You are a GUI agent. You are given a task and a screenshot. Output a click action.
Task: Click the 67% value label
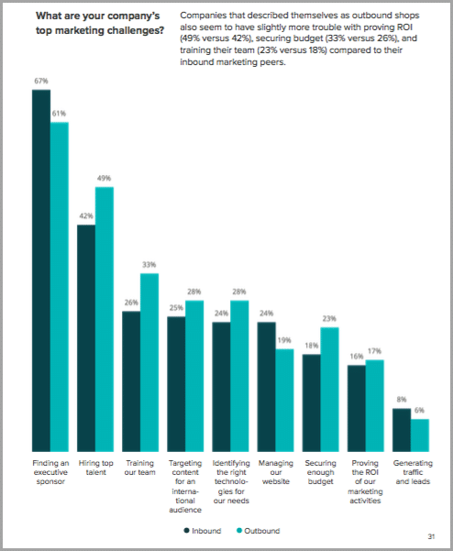coord(41,82)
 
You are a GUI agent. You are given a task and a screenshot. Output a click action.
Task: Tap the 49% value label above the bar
coord(105,179)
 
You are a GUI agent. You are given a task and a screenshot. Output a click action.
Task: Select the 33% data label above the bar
coord(149,265)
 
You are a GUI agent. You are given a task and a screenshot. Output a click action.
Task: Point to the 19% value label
coord(285,340)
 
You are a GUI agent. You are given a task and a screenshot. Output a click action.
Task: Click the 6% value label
coord(420,411)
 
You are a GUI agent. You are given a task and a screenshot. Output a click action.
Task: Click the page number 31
coord(430,535)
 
